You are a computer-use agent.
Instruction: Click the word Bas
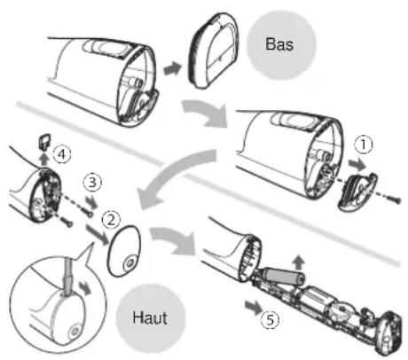click(x=279, y=44)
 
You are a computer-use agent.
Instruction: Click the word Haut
click(x=150, y=317)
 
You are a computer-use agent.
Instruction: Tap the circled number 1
click(x=363, y=145)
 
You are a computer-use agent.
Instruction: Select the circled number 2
click(x=111, y=220)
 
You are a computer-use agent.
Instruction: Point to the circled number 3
click(x=92, y=183)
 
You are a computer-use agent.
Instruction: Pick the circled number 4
click(x=62, y=154)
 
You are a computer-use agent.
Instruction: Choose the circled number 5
click(x=270, y=320)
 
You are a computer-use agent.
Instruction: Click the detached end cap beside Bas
click(x=214, y=51)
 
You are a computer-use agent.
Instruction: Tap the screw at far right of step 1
click(x=396, y=200)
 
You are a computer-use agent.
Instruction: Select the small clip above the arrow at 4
click(x=44, y=140)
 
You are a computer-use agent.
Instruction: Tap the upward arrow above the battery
click(x=299, y=262)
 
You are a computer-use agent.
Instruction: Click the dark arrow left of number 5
click(x=254, y=307)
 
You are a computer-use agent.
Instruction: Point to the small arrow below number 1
click(x=357, y=164)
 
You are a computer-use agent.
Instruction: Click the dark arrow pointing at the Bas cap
click(x=172, y=69)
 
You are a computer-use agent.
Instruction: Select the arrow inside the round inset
click(x=85, y=287)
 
